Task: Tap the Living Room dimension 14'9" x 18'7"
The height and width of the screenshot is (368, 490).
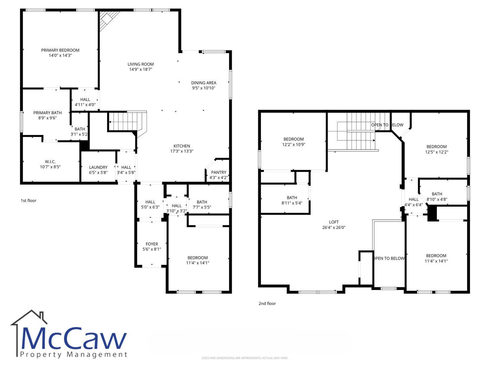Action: coord(141,69)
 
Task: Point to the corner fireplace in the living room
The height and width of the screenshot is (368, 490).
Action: coord(107,20)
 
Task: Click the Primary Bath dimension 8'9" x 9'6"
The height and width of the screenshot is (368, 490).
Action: coord(47,118)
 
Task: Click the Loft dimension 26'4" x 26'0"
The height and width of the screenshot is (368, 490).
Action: coord(334,228)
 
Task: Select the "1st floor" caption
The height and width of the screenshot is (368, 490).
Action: coord(28,200)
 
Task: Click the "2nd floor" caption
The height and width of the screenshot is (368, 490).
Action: coord(267,303)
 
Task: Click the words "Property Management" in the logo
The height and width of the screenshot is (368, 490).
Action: coord(73,355)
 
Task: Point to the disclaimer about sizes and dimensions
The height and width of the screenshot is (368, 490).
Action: coord(245,358)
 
